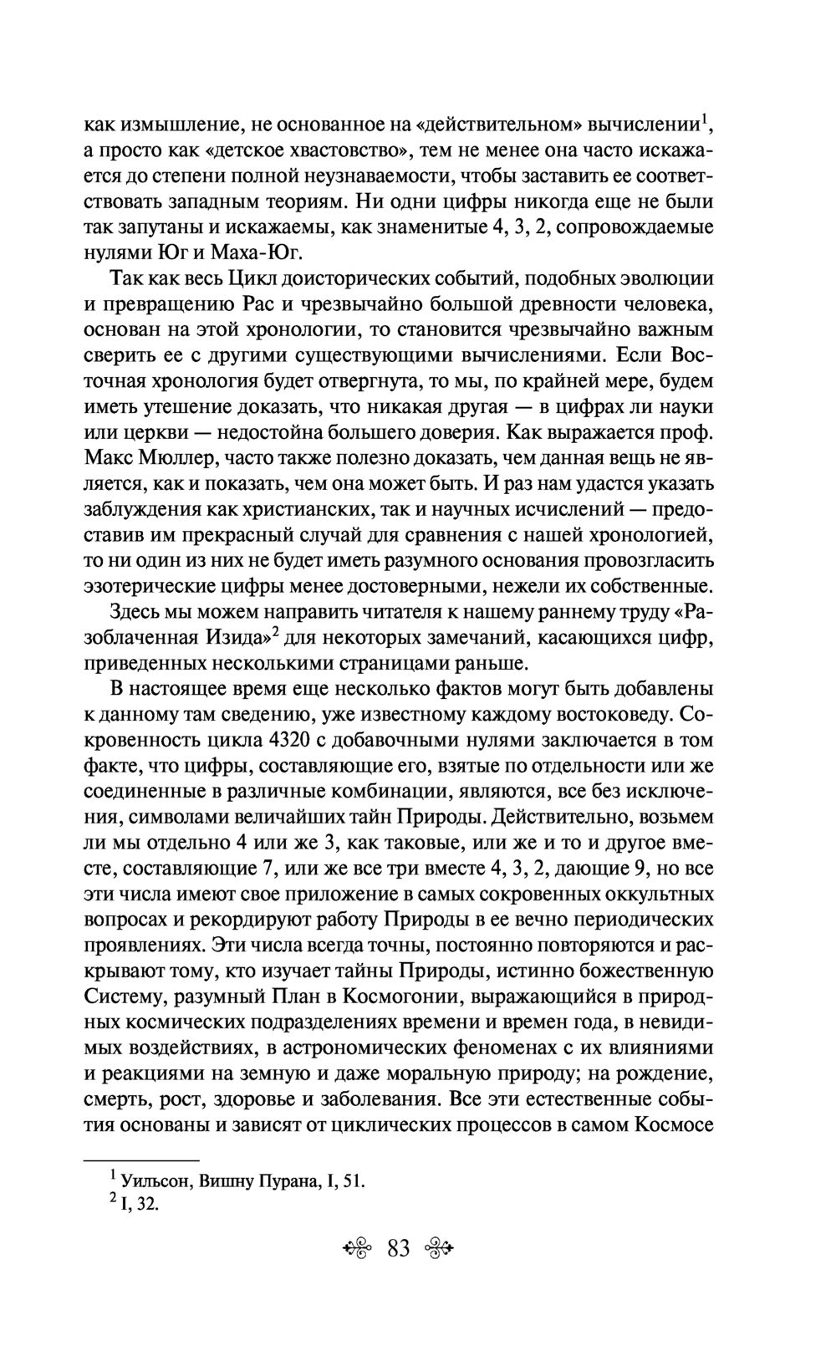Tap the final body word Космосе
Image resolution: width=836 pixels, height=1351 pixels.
tap(674, 1124)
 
